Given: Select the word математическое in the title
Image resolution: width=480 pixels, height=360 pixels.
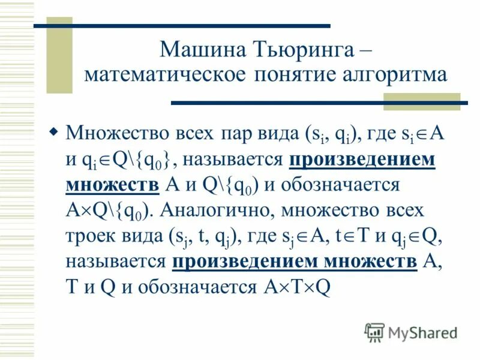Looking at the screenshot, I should coord(164,76).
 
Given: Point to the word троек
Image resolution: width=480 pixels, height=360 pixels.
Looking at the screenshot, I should coord(93,236).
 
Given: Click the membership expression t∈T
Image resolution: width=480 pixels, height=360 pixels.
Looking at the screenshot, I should coord(358,236).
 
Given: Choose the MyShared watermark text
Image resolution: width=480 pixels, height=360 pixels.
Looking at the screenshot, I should coord(422,332).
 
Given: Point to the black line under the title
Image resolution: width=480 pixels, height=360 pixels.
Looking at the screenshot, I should coord(318,103).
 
